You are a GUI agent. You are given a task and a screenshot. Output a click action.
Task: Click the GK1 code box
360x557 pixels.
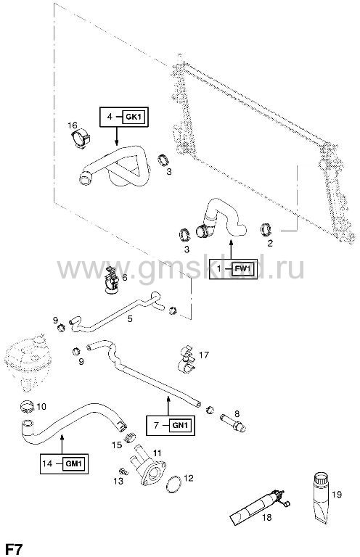pyautogui.click(x=134, y=117)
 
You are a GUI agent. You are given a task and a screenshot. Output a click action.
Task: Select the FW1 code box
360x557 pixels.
pyautogui.click(x=243, y=268)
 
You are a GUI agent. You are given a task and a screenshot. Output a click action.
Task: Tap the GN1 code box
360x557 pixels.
pyautogui.click(x=181, y=425)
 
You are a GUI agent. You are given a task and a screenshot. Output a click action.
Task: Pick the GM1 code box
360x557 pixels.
pyautogui.click(x=74, y=463)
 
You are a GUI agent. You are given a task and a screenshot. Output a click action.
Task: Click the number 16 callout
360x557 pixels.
pyautogui.click(x=72, y=125)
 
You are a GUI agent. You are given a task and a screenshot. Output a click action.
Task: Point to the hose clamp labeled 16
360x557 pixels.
pyautogui.click(x=81, y=139)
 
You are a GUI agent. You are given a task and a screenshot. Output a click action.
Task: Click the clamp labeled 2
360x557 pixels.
pyautogui.click(x=266, y=229)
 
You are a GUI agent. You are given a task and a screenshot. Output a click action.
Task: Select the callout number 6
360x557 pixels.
pyautogui.click(x=125, y=277)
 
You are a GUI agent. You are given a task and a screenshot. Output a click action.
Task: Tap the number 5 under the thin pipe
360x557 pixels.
pyautogui.click(x=130, y=318)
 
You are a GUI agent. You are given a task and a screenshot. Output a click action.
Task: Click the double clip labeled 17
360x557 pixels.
pyautogui.click(x=187, y=359)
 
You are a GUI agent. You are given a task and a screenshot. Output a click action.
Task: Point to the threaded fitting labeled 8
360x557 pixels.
pyautogui.click(x=233, y=422)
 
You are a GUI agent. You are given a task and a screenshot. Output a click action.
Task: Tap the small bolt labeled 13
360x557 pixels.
pyautogui.click(x=123, y=471)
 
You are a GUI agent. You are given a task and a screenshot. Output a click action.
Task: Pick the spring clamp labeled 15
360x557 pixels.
pyautogui.click(x=131, y=437)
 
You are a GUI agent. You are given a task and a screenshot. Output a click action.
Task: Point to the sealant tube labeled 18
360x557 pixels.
pyautogui.click(x=258, y=504)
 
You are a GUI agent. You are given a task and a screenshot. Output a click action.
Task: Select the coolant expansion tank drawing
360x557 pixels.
pyautogui.click(x=25, y=362)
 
